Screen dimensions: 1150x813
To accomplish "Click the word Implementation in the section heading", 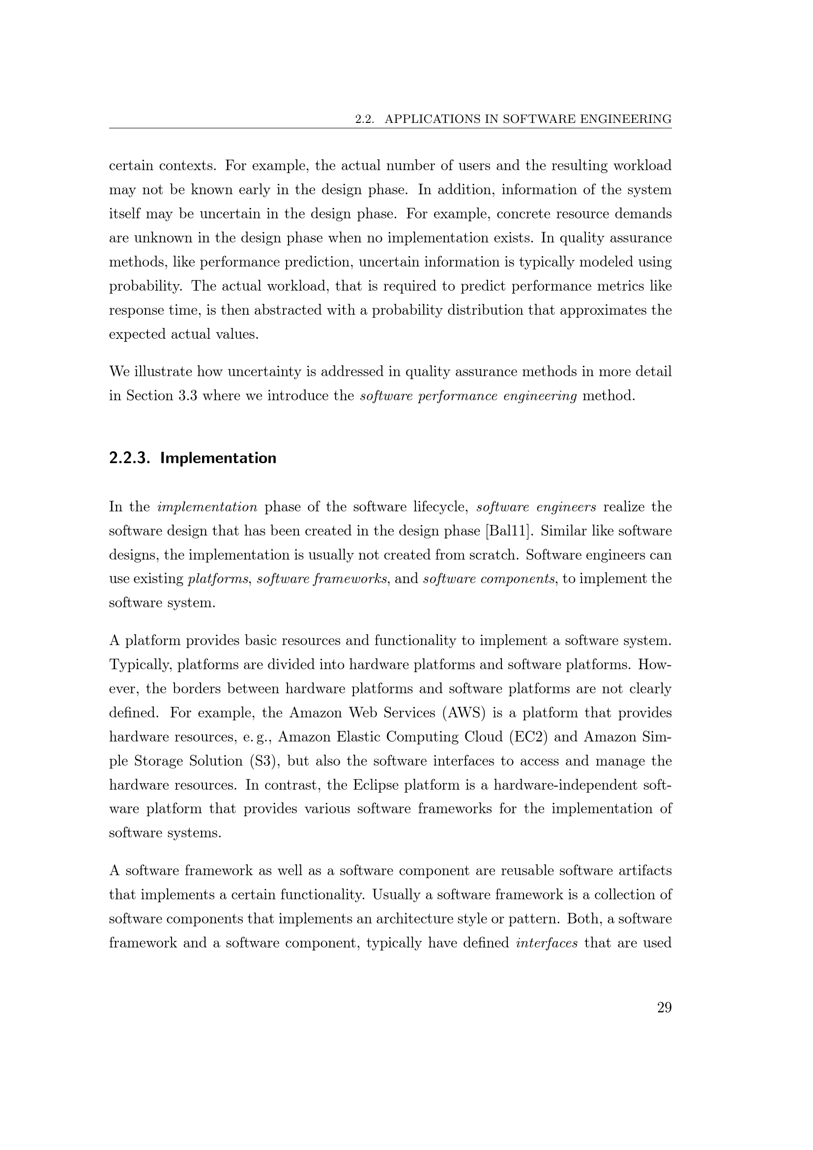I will [218, 458].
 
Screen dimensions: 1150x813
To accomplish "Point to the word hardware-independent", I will [569, 785].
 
